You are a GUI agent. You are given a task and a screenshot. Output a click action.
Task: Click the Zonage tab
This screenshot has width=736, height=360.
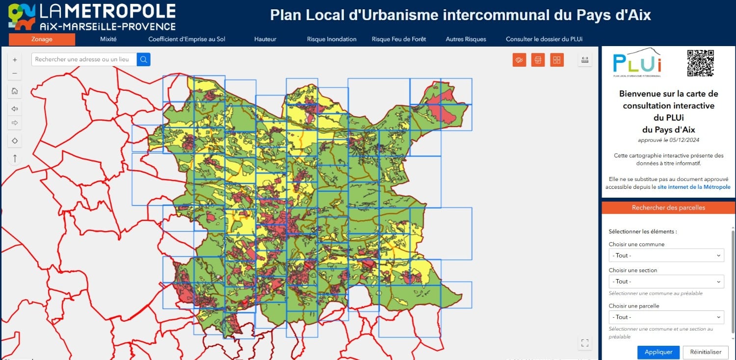click(42, 39)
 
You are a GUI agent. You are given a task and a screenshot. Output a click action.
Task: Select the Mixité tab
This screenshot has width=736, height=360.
click(108, 39)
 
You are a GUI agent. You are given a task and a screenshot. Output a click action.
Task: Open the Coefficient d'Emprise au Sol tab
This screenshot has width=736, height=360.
click(186, 39)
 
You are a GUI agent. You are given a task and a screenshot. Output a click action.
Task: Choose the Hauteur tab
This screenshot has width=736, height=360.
click(265, 39)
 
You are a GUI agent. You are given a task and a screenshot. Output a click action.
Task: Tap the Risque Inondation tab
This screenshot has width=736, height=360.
click(332, 39)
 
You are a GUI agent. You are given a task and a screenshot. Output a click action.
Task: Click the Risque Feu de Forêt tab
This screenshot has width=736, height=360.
click(399, 39)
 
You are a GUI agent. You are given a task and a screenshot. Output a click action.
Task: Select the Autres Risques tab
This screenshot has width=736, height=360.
click(466, 39)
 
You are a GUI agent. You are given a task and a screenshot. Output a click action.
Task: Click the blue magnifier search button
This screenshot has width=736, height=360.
click(144, 59)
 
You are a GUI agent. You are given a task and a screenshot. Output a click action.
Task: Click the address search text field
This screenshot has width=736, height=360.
click(83, 59)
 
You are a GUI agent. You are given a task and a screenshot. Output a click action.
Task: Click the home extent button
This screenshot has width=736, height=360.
click(15, 91)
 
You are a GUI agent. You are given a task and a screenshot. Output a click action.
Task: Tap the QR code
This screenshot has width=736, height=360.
click(700, 63)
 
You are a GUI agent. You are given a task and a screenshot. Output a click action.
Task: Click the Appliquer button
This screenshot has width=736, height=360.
click(658, 352)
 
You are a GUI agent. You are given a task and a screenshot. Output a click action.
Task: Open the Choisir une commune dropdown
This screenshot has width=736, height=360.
click(666, 256)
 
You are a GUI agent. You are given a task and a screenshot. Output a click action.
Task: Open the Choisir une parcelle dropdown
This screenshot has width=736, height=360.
click(666, 317)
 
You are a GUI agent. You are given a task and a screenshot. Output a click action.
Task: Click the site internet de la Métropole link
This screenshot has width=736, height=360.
click(694, 187)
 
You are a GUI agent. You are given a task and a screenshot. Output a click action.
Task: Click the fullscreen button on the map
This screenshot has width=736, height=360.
click(584, 343)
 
